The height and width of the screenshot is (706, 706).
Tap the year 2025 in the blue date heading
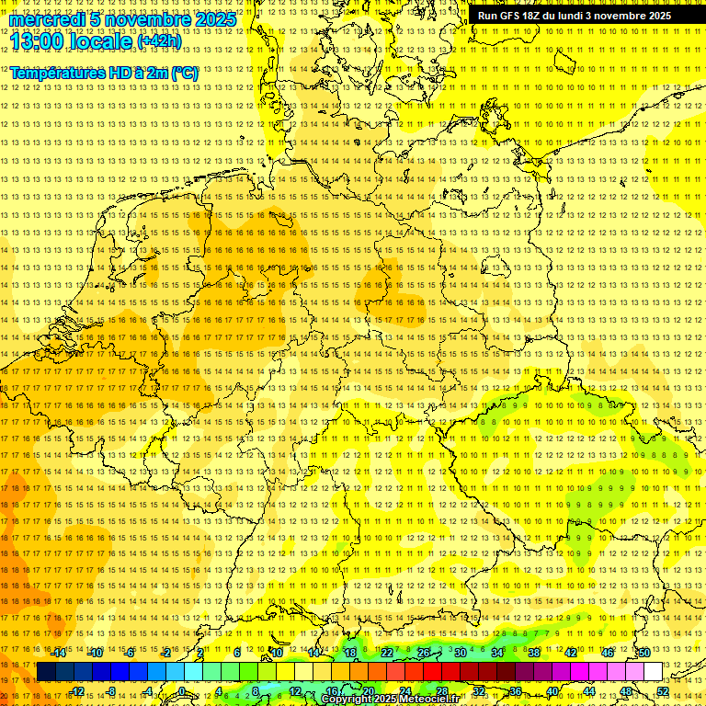(x=214, y=19)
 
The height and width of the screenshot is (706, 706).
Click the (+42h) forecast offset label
(x=159, y=41)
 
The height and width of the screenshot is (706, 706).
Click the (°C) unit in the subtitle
(x=184, y=73)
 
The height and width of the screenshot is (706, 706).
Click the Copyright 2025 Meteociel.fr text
(x=391, y=700)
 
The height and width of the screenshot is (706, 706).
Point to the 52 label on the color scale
(x=662, y=691)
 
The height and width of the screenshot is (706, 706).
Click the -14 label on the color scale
(x=60, y=653)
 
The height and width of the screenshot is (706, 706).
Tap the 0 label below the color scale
(x=182, y=691)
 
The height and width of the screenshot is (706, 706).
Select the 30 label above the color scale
(x=460, y=653)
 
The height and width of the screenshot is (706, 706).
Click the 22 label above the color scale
(x=386, y=653)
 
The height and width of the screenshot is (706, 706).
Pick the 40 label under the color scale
(x=552, y=691)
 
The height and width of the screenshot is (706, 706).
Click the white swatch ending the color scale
(x=653, y=672)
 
